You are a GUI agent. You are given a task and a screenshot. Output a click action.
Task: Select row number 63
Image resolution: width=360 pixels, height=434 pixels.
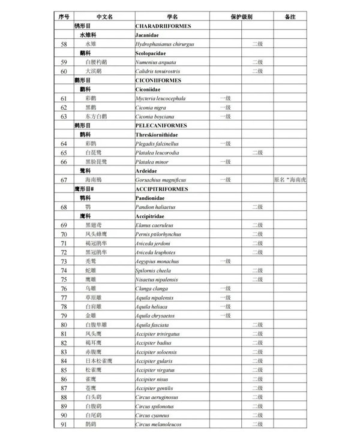coord(64,116)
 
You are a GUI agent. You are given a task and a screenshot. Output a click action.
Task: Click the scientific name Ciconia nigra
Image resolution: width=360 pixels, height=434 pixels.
coord(152,107)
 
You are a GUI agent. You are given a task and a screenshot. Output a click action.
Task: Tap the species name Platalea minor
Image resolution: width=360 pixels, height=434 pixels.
coord(152,162)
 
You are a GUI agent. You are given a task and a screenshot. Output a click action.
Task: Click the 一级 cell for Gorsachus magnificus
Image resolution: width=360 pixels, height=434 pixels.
coord(226,180)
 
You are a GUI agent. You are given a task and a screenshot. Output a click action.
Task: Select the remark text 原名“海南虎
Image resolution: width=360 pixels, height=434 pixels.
coord(290,180)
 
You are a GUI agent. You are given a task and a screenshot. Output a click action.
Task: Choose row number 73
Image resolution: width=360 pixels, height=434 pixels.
coord(64,261)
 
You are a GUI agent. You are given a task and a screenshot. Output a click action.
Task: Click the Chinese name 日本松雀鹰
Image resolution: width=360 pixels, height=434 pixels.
coord(98,361)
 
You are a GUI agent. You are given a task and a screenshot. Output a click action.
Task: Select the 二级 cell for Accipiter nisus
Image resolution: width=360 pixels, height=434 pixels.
coord(257,379)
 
